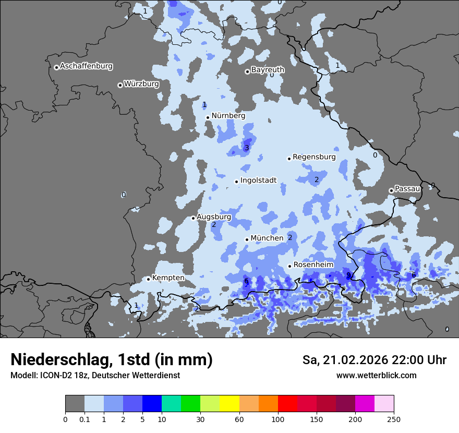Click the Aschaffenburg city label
86,66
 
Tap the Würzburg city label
141,84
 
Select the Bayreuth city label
268,70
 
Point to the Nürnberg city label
228,116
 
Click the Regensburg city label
314,157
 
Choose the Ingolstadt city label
258,181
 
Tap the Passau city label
407,189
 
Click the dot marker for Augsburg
193,218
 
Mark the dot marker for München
247,239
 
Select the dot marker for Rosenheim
289,266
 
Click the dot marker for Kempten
149,279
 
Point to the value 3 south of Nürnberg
247,148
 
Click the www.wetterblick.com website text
376,376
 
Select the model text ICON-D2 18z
59,376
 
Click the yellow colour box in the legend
229,404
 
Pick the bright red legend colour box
287,404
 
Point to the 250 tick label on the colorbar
394,419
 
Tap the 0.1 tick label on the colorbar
84,419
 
